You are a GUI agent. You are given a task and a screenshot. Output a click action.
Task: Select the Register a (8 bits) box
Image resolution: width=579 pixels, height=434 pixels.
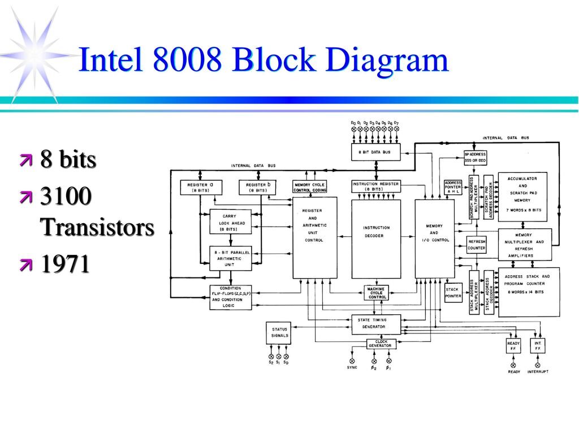coord(201,187)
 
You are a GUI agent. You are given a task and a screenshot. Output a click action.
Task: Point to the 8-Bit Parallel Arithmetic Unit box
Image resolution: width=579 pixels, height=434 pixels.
coord(230,258)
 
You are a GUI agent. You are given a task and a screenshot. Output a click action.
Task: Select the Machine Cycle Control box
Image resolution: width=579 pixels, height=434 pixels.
coord(376,293)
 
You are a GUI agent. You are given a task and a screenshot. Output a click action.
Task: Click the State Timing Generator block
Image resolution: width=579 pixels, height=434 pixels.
coord(376,323)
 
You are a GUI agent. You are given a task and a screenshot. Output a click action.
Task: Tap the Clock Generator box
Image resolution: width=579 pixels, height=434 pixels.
coord(381,343)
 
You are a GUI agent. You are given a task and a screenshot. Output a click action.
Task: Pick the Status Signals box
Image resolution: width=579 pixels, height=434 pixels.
coord(279,333)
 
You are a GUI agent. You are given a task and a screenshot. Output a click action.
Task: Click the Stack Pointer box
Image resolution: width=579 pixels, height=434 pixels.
coord(453,293)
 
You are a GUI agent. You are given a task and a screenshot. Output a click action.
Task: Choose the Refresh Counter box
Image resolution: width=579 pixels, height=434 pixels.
coord(477,245)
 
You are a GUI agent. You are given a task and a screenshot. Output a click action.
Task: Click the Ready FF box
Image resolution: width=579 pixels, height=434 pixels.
coord(513,346)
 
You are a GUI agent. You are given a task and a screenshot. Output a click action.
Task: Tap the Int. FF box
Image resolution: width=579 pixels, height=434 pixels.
coord(538,346)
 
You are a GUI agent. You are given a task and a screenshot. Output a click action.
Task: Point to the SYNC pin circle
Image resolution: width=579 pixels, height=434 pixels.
coord(352,361)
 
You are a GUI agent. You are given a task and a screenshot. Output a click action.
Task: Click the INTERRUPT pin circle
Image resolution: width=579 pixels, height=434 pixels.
coord(538,364)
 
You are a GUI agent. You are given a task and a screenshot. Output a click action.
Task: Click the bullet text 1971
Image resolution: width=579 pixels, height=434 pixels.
coord(64,264)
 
